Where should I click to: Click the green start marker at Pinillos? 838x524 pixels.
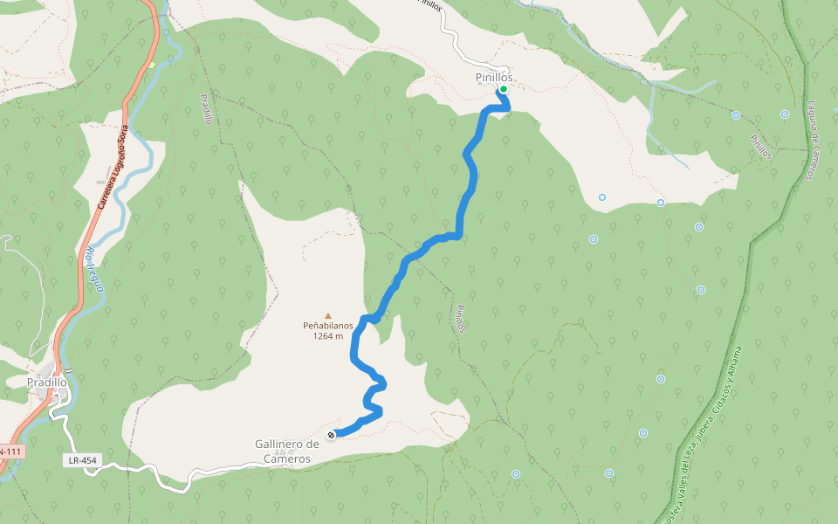504,89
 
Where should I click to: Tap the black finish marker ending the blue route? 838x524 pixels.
331,435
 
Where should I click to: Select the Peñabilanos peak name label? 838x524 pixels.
328,326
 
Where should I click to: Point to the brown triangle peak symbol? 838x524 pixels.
328,316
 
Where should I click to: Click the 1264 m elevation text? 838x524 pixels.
328,336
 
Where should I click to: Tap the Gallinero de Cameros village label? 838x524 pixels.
283,451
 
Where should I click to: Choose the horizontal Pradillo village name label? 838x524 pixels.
47,383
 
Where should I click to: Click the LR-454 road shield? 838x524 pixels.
81,459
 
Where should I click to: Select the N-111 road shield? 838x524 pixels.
9,451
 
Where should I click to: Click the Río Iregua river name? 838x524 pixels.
95,269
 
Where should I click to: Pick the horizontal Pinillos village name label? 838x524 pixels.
494,78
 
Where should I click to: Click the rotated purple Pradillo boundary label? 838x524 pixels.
207,109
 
